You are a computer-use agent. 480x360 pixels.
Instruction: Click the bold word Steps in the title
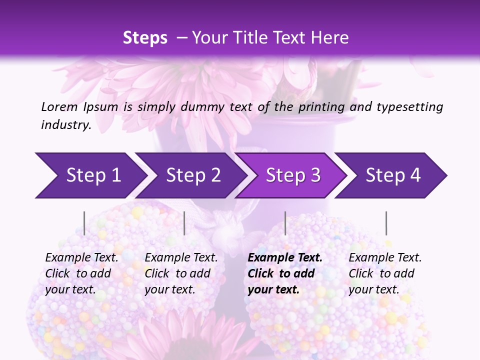pyautogui.click(x=145, y=38)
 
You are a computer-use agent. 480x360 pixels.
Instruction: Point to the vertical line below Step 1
pyautogui.click(x=84, y=223)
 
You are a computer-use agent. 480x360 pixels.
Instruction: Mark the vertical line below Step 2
pyautogui.click(x=184, y=223)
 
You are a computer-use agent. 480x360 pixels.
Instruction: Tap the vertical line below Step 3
pyautogui.click(x=285, y=223)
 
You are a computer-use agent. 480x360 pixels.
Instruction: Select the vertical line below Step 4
pyautogui.click(x=386, y=223)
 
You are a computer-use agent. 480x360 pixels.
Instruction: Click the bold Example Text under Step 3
pyautogui.click(x=285, y=258)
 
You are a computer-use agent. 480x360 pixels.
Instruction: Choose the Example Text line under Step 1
pyautogui.click(x=81, y=258)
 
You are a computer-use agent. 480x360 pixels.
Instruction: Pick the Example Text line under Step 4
pyautogui.click(x=385, y=258)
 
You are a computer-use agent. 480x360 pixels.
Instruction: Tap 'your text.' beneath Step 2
pyautogui.click(x=169, y=289)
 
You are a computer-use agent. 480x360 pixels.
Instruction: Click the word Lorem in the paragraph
pyautogui.click(x=59, y=106)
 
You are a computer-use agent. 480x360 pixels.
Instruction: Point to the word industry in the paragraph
pyautogui.click(x=65, y=124)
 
